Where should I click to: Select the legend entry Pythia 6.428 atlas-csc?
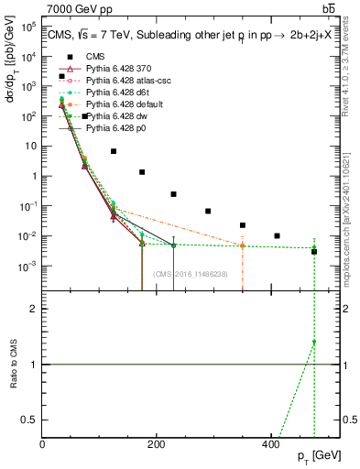pos(129,80)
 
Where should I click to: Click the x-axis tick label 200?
pos(157,444)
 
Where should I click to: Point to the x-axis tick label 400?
pos(270,444)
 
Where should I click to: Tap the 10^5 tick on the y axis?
pos(27,27)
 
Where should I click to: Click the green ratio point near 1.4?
pos(314,342)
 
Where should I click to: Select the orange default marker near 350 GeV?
pos(243,245)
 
